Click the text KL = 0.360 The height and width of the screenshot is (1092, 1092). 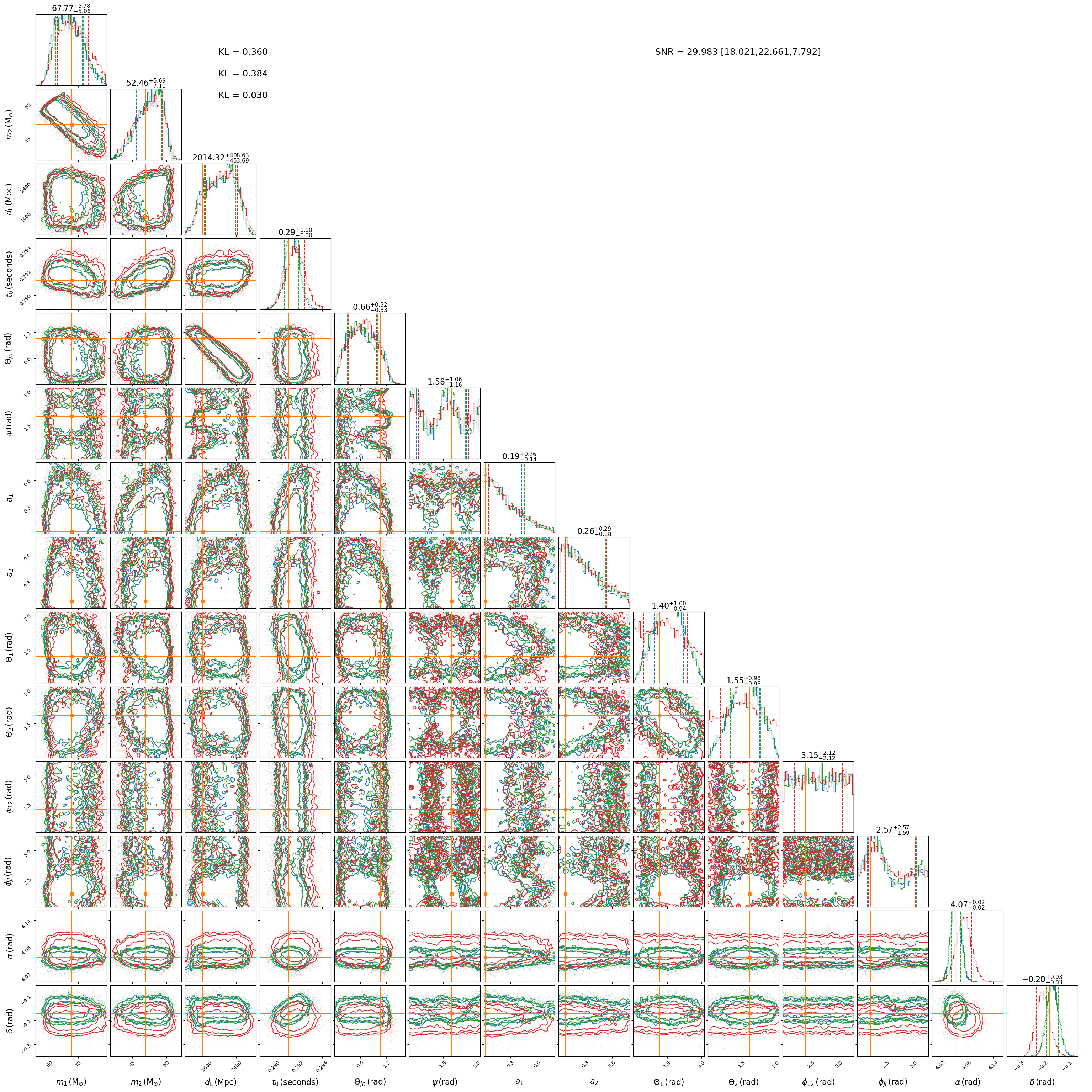coord(243,52)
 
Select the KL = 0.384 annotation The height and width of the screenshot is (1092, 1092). coord(243,74)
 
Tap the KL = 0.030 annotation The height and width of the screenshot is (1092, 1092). coord(243,95)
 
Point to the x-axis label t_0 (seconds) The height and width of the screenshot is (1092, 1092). coord(295,1082)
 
